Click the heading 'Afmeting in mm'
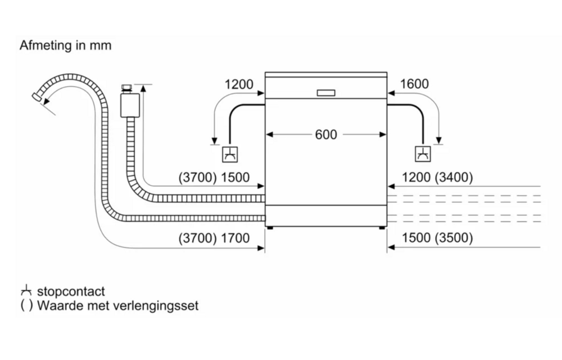[66, 46]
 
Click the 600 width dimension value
[326, 135]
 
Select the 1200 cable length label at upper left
[239, 84]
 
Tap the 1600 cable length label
[414, 84]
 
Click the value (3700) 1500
[214, 178]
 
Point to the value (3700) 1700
[214, 238]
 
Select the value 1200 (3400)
[438, 178]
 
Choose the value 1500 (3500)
[438, 238]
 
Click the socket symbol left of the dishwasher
[229, 153]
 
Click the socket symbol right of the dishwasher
[423, 153]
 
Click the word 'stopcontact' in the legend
[71, 292]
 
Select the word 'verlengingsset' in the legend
[161, 307]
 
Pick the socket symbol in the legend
[25, 291]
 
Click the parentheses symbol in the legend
[25, 307]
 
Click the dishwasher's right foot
[382, 228]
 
